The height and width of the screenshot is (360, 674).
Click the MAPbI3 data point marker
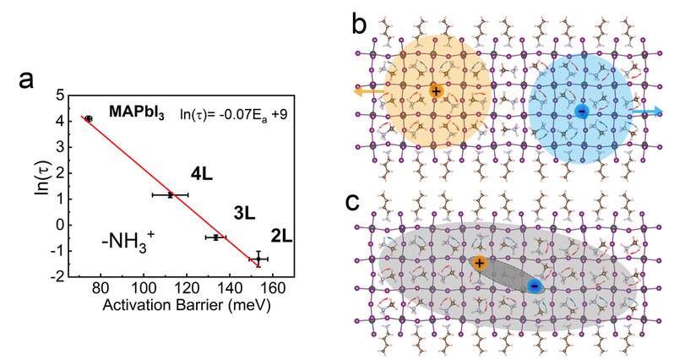[89, 119]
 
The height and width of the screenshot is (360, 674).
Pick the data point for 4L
[170, 195]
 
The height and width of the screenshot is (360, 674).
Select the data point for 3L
[216, 237]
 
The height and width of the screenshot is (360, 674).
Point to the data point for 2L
[258, 259]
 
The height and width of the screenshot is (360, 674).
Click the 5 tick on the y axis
[62, 95]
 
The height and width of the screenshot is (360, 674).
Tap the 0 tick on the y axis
[62, 225]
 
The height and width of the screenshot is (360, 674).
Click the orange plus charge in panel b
[436, 90]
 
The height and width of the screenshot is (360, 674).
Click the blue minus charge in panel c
[534, 286]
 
